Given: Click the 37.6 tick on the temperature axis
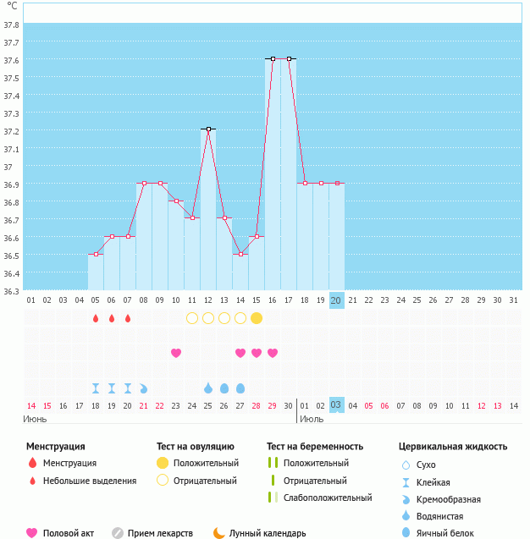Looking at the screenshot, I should coord(12,60).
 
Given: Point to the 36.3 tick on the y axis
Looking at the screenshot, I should coord(12,291).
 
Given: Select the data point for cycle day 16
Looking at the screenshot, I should coord(273,58).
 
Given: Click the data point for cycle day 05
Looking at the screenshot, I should coord(96,254).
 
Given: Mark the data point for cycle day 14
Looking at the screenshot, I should coord(240,254).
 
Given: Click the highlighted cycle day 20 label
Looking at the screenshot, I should coord(336,300).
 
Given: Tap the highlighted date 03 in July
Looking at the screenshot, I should coord(336,405).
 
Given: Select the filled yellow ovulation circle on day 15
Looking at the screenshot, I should coord(257,318).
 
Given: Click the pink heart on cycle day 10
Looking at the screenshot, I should coord(176,353).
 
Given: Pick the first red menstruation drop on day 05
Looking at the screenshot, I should coord(96,318).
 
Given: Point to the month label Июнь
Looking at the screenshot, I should coord(35,419).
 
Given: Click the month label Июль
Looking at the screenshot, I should coord(312,419).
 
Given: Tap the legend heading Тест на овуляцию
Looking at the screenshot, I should coord(196,446).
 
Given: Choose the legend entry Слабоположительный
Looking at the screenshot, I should coord(328,498).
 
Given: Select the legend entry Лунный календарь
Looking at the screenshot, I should coord(268,533).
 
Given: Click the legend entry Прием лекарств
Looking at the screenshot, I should coord(160,533).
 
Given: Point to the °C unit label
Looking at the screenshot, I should coord(12,6).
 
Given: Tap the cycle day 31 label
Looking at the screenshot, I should coord(514,300).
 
